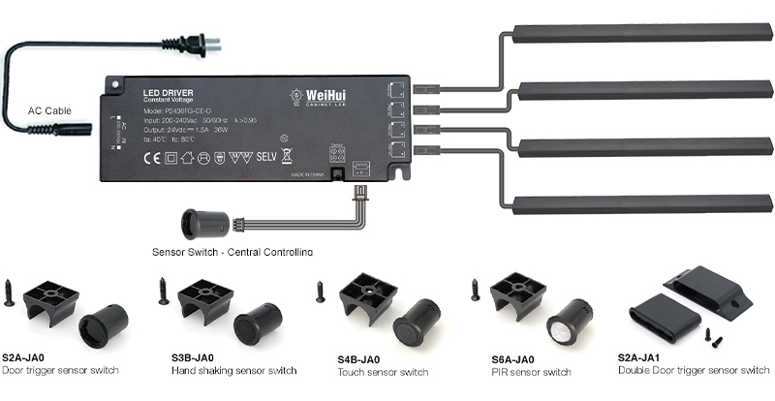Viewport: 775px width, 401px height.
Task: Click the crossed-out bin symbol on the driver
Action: coord(287,156)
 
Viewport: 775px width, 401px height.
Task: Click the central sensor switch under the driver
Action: coord(204,225)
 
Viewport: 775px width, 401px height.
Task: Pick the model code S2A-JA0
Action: coord(26,357)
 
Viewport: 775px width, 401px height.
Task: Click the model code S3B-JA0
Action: coord(194,357)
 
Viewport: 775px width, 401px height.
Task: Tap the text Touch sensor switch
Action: coord(383,372)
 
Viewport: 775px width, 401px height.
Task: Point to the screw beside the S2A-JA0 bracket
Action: coord(10,292)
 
